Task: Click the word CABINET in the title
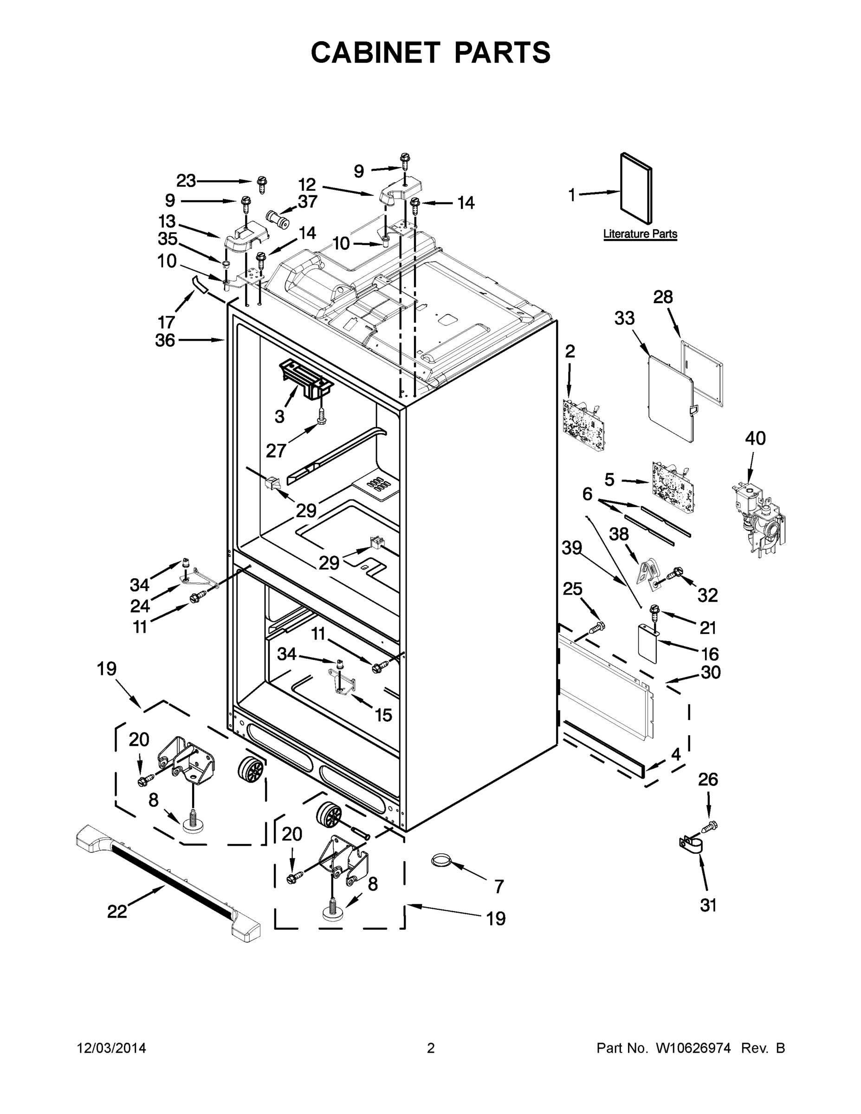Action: [x=375, y=52]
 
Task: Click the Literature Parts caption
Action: [x=640, y=234]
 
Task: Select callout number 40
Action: [x=755, y=438]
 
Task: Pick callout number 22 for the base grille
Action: [x=117, y=912]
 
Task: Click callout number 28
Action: [x=663, y=297]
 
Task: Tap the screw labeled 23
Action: [x=263, y=184]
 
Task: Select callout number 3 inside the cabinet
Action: [x=279, y=417]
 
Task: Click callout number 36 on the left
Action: [x=165, y=340]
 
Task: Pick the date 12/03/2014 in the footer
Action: [x=112, y=1048]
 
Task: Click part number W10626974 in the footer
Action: [x=693, y=1048]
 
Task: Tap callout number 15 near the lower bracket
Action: [x=383, y=715]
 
